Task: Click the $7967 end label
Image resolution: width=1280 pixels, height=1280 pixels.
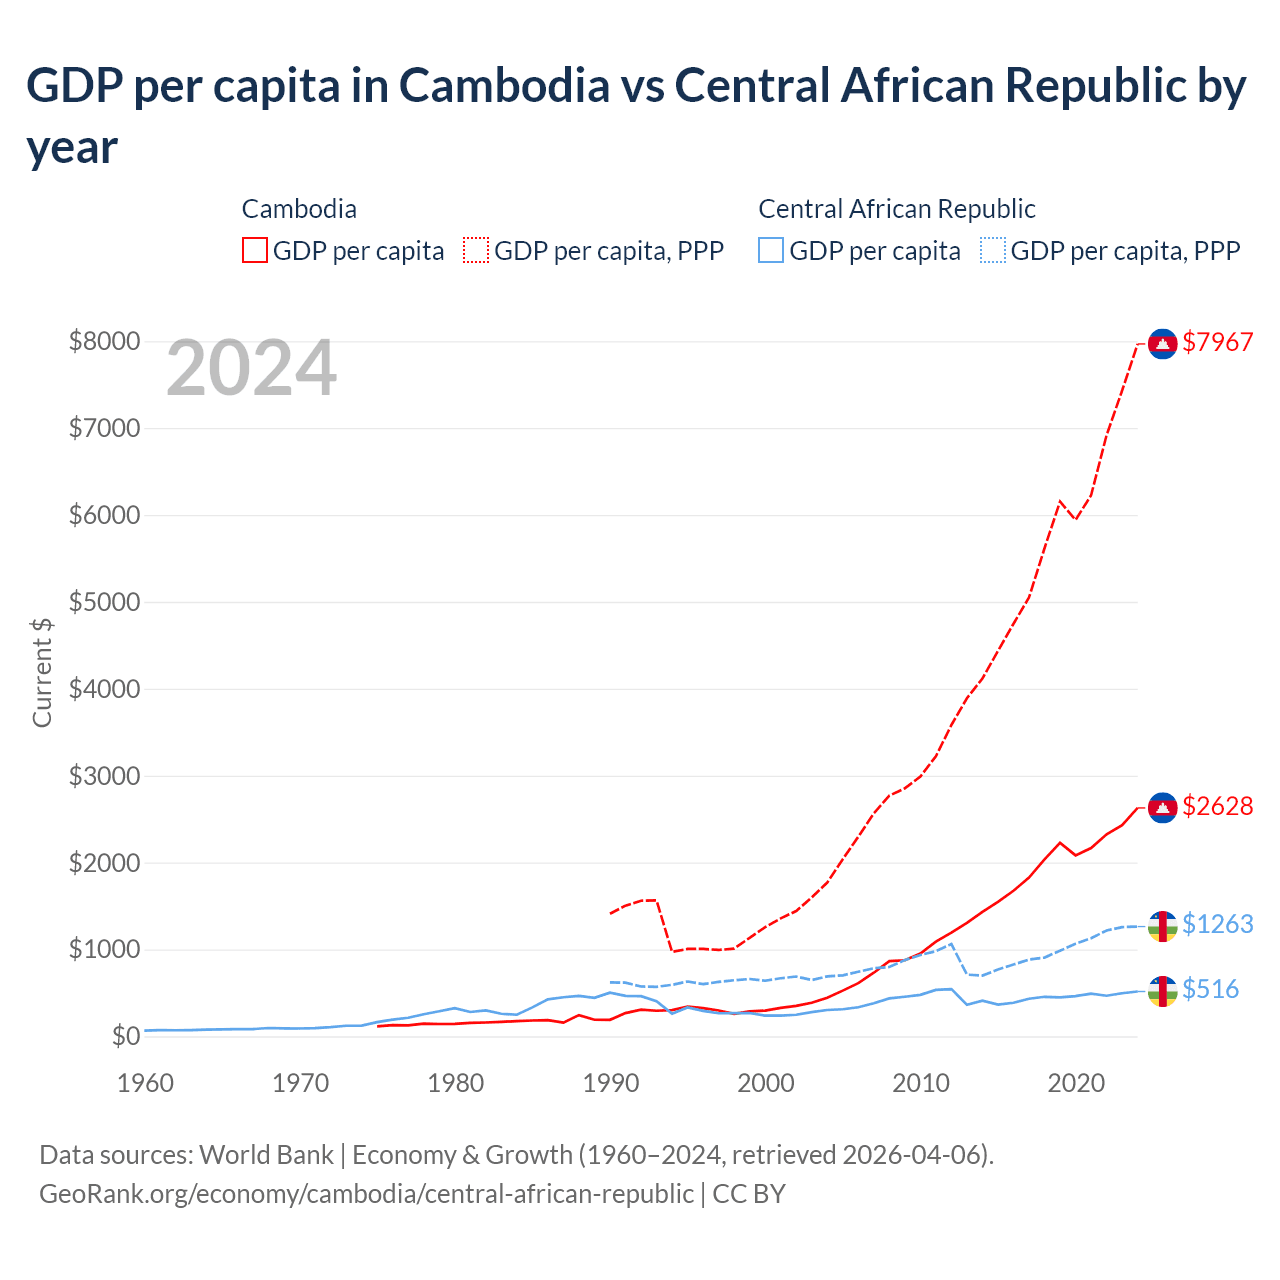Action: [1217, 342]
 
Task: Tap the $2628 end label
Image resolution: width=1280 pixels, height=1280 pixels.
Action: [1217, 806]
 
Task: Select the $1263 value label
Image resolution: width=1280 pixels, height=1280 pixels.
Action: [1217, 924]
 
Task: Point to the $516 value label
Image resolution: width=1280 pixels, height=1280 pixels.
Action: [1210, 989]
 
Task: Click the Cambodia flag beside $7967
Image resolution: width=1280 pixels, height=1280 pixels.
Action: [1162, 343]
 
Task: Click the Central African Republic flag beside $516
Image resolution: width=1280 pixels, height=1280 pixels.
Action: [1162, 991]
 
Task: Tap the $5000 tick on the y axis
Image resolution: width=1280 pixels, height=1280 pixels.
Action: [104, 602]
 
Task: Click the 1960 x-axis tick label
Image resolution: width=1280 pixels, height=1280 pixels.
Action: [146, 1083]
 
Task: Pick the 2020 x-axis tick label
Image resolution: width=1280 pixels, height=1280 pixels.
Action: [1075, 1083]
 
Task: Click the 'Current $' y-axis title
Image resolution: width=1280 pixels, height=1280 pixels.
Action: [42, 672]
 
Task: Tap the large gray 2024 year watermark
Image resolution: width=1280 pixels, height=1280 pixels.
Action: [251, 369]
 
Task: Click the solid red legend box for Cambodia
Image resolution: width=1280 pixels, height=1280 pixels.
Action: [255, 250]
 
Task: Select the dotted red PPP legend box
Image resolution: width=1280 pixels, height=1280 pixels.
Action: [476, 250]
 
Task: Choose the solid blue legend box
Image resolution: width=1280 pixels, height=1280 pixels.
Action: [771, 250]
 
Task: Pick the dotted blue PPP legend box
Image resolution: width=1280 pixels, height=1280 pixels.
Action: [993, 250]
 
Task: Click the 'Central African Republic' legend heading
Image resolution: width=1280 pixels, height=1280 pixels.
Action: [896, 209]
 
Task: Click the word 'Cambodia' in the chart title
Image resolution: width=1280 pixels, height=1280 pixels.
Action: [504, 86]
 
